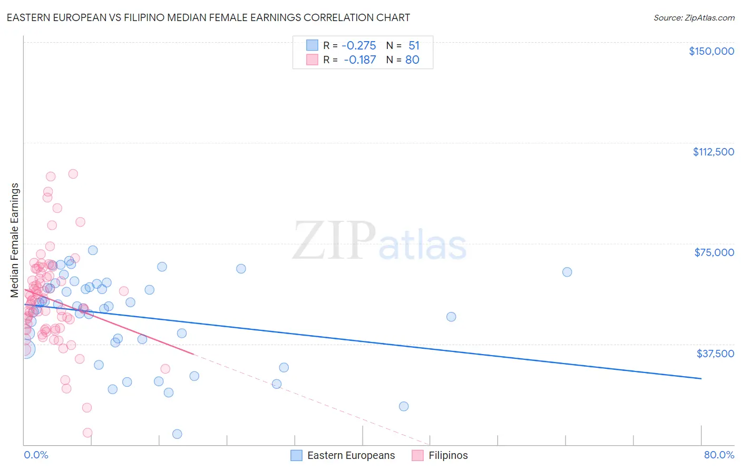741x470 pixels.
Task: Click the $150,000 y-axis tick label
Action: click(711, 51)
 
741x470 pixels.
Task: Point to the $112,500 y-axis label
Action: click(713, 152)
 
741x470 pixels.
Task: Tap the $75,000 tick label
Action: click(714, 252)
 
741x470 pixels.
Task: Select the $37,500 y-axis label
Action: click(715, 354)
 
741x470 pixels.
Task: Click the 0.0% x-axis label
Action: click(36, 455)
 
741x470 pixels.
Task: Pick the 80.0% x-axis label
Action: click(719, 455)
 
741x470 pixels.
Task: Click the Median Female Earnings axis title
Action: click(15, 240)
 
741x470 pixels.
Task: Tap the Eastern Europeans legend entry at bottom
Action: click(343, 456)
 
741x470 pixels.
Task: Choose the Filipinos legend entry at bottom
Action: click(440, 456)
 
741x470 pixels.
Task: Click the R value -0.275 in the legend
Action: click(358, 45)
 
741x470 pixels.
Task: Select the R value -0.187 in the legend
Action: click(359, 60)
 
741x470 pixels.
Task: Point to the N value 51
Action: click(414, 45)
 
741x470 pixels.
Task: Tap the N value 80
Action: click(412, 60)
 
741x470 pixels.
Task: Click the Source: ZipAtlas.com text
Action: click(694, 18)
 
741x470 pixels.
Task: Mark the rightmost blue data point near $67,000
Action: click(567, 272)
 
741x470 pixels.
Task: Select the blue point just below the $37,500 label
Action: click(284, 368)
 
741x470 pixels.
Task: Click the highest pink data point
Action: click(73, 174)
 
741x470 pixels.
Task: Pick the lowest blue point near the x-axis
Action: click(177, 434)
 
